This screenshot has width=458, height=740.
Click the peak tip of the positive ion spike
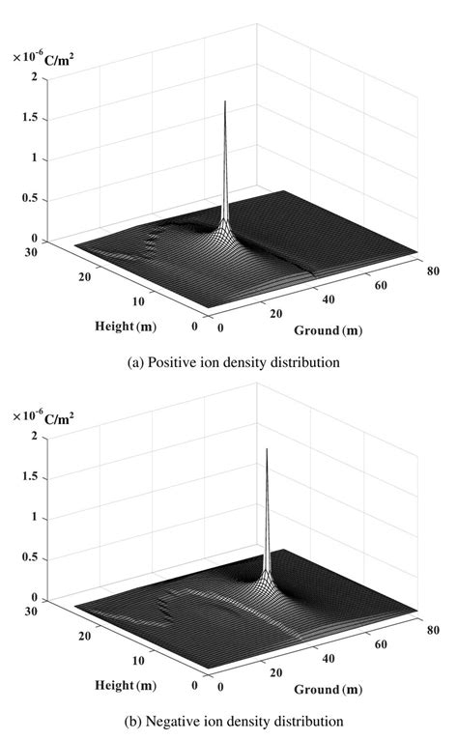(x=224, y=100)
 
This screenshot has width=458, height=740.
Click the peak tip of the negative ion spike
(x=266, y=450)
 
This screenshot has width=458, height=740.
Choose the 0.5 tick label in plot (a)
(x=40, y=199)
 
